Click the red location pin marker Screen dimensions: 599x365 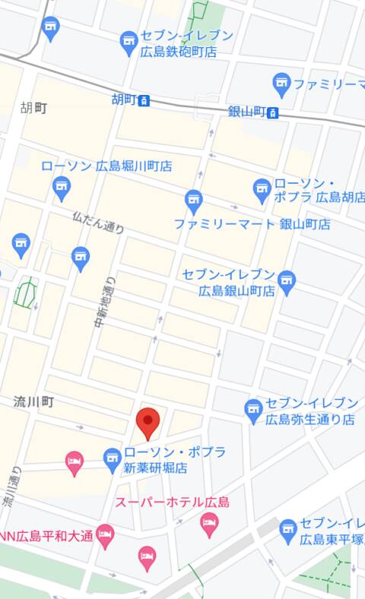148,422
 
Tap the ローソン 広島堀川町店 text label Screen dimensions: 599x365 106,166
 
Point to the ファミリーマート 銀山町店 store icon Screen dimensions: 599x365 194,200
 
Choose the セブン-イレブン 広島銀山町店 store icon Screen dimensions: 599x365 287,281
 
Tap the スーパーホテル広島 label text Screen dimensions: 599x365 172,503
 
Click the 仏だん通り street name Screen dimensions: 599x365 98,222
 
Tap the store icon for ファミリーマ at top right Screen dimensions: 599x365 282,82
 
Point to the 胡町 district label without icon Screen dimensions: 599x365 34,109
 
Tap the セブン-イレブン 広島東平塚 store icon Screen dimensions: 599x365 287,530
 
